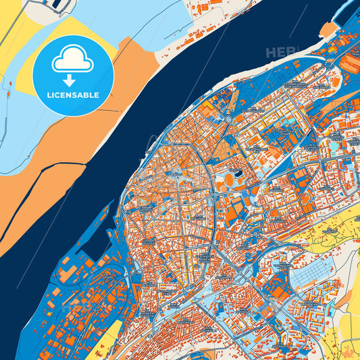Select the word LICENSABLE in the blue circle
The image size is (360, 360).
[72, 95]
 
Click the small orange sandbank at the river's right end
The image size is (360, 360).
[328, 30]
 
